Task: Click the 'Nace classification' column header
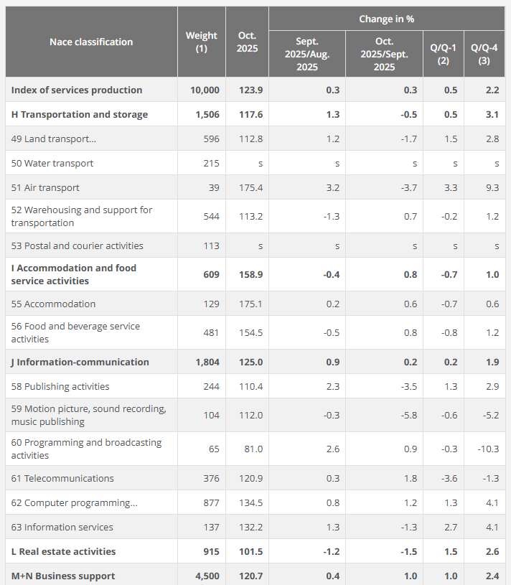(x=91, y=42)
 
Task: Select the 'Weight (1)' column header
(x=201, y=42)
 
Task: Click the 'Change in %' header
(x=386, y=19)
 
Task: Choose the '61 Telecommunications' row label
(x=62, y=478)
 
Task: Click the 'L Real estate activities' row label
(x=63, y=551)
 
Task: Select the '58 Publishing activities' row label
(x=60, y=386)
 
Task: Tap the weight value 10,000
(x=205, y=90)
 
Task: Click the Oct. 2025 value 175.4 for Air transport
(x=250, y=187)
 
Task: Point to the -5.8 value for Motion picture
(x=407, y=415)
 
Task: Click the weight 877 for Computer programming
(x=211, y=502)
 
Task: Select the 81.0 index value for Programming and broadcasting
(x=253, y=449)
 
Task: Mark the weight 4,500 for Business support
(x=207, y=576)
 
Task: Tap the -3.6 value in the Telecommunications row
(x=450, y=478)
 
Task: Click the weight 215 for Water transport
(x=211, y=163)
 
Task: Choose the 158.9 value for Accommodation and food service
(x=250, y=274)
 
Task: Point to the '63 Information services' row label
(x=62, y=527)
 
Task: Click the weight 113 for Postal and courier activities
(x=211, y=245)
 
